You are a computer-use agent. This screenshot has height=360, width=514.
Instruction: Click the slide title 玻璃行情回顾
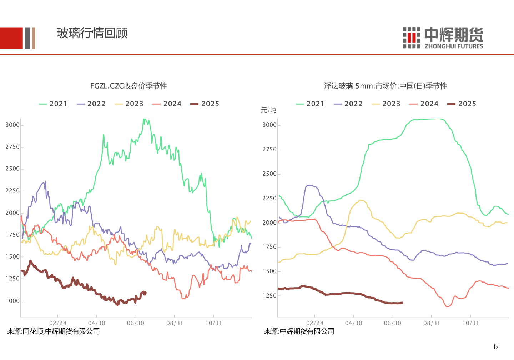[92, 33]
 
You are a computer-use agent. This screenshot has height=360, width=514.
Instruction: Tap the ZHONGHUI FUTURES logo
[443, 37]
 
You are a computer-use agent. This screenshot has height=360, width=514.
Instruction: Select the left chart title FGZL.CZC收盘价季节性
[128, 86]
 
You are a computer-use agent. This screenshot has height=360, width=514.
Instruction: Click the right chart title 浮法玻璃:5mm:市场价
[385, 86]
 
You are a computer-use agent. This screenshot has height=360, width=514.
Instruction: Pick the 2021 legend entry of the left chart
[53, 104]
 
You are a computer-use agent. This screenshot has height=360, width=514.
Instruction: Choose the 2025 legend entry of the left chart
[205, 104]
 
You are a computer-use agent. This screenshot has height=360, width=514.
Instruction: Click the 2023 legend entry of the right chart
[386, 104]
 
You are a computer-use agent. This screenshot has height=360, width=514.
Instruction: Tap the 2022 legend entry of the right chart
[348, 104]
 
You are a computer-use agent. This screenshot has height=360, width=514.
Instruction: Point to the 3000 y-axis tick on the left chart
[12, 125]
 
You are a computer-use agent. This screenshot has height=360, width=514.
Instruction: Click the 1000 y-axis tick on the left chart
[12, 301]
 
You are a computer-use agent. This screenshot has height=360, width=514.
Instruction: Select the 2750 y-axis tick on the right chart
[269, 150]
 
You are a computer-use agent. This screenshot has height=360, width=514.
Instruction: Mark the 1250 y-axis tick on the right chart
[269, 296]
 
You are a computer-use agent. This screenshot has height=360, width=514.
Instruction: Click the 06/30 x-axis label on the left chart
[136, 323]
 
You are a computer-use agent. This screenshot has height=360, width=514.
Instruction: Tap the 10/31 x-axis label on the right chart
[470, 323]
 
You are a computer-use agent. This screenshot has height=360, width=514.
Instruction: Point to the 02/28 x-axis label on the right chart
[315, 323]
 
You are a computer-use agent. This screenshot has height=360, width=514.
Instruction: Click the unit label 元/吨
[268, 110]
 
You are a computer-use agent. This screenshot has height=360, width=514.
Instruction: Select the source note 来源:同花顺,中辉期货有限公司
[54, 331]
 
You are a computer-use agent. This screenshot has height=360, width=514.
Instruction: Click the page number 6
[495, 346]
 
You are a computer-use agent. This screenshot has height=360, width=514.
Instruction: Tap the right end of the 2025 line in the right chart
[402, 303]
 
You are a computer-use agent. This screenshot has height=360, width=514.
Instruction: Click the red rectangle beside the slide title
[11, 38]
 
